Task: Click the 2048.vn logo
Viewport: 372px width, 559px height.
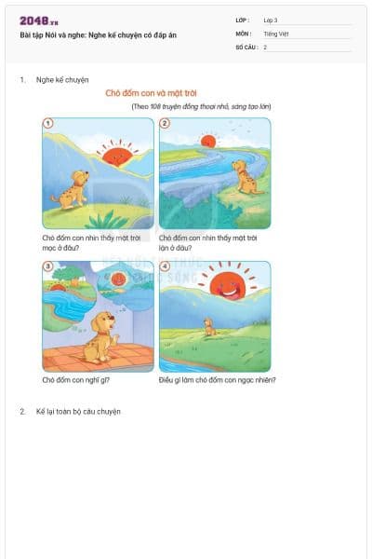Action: click(x=38, y=20)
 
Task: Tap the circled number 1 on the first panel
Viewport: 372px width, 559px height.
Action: click(x=48, y=123)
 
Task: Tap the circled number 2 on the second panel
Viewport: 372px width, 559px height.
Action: click(x=165, y=123)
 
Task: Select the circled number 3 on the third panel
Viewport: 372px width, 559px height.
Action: click(x=48, y=266)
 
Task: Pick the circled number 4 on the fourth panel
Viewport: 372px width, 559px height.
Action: click(x=165, y=266)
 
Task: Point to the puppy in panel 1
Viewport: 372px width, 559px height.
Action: click(x=70, y=189)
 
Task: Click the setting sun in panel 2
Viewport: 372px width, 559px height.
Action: click(x=207, y=142)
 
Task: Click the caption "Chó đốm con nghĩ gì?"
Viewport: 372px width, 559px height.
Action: click(x=76, y=380)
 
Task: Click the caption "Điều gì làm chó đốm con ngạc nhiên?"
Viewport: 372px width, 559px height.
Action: click(x=217, y=380)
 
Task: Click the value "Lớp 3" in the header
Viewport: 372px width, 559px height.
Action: click(x=271, y=20)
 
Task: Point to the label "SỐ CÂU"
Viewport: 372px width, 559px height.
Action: click(x=246, y=47)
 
